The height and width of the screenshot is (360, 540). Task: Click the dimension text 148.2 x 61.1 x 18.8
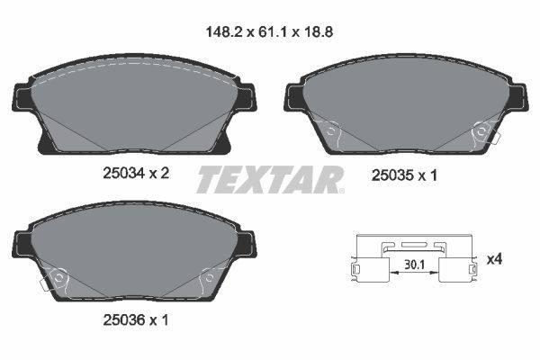[271, 29]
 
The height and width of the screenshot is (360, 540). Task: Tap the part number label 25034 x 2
[134, 175]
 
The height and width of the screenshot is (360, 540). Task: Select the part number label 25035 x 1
[404, 176]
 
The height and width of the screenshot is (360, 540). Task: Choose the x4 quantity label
[494, 259]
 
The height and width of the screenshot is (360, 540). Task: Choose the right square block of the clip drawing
[454, 269]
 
